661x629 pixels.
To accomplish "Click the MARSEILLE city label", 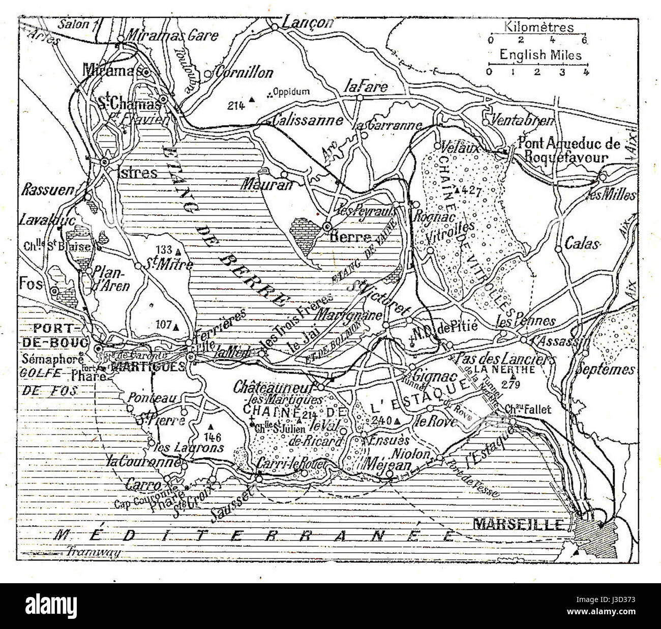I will (x=518, y=524).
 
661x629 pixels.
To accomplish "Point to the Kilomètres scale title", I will (x=539, y=27).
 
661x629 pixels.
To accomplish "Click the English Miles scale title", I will (x=540, y=54).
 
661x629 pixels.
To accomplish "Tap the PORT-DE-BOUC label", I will (x=54, y=335).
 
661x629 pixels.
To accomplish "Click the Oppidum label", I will (x=291, y=92).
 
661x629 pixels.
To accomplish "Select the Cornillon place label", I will (x=244, y=73).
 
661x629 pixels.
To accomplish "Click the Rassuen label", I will (x=47, y=190).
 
